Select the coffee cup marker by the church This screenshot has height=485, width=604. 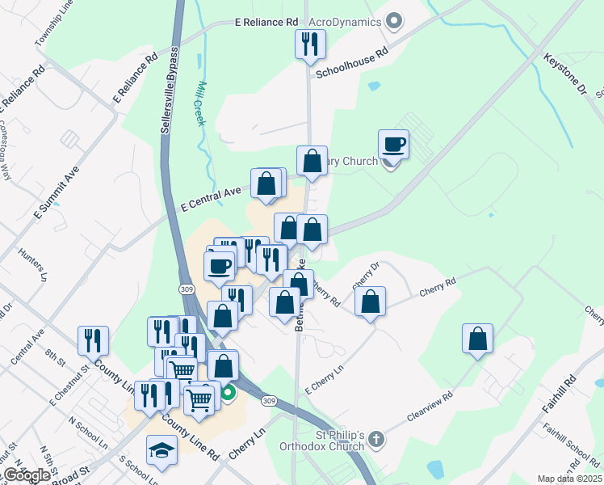(393, 145)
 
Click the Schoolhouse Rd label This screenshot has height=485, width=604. (352, 61)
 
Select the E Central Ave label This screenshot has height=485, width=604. (211, 198)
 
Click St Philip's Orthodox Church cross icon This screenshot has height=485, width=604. (375, 441)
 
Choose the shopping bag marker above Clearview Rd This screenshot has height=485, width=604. (478, 338)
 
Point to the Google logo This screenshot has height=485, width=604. (26, 475)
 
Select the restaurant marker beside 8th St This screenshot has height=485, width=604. (93, 340)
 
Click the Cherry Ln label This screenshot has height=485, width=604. (248, 443)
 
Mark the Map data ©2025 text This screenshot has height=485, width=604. (569, 479)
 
